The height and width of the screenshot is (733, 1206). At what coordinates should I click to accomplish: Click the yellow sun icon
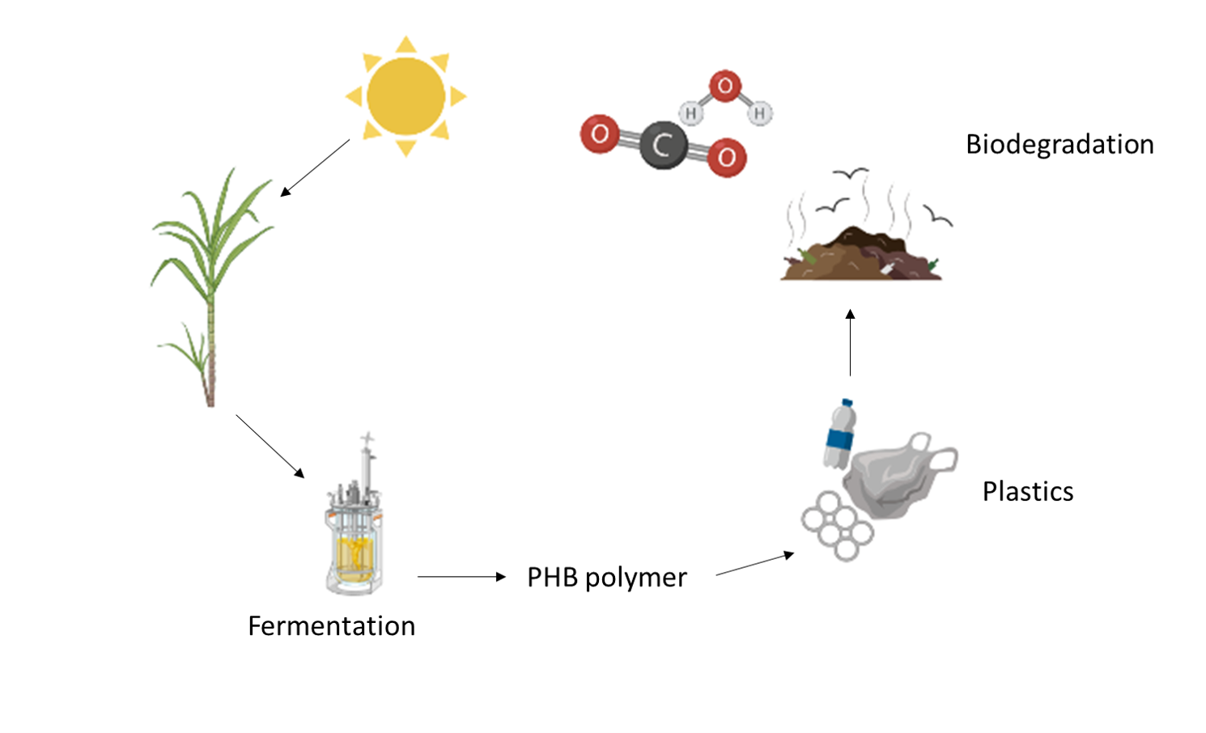coord(406,96)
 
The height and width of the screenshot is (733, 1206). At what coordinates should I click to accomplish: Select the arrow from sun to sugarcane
coord(315,167)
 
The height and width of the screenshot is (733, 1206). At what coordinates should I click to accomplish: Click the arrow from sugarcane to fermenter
coord(270,446)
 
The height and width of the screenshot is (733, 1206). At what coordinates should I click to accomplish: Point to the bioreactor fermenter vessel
coord(355,534)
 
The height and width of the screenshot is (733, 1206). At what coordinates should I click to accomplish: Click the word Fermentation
coord(331,626)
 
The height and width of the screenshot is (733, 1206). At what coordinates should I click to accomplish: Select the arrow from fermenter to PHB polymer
coord(461,577)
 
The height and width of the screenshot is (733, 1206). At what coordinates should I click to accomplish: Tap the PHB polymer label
coord(606,578)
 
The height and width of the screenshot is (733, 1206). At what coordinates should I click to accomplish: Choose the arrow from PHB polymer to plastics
coord(754,564)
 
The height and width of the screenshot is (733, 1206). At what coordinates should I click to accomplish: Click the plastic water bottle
coord(840,434)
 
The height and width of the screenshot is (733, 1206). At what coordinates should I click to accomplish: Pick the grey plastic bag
coord(898,477)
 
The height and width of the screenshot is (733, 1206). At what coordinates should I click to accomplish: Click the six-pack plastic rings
coord(837,525)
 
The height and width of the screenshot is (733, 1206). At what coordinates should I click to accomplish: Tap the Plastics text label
coord(1027,492)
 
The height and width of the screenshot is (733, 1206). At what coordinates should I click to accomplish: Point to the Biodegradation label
coord(1059,145)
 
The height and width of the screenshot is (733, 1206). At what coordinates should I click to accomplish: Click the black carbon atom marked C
coord(663,146)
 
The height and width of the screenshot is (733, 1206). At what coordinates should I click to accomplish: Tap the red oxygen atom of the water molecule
coord(725,86)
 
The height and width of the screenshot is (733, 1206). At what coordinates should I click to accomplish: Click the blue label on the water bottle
coord(839,439)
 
